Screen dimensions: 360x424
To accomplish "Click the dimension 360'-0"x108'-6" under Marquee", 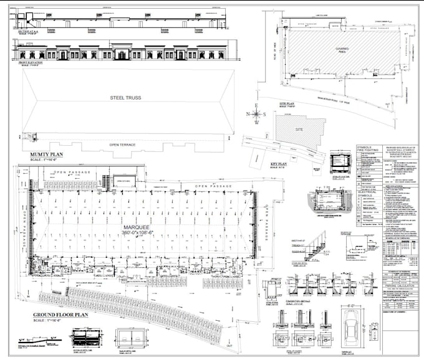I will coord(140,234).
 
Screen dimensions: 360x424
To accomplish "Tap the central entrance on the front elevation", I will coord(122,55).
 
